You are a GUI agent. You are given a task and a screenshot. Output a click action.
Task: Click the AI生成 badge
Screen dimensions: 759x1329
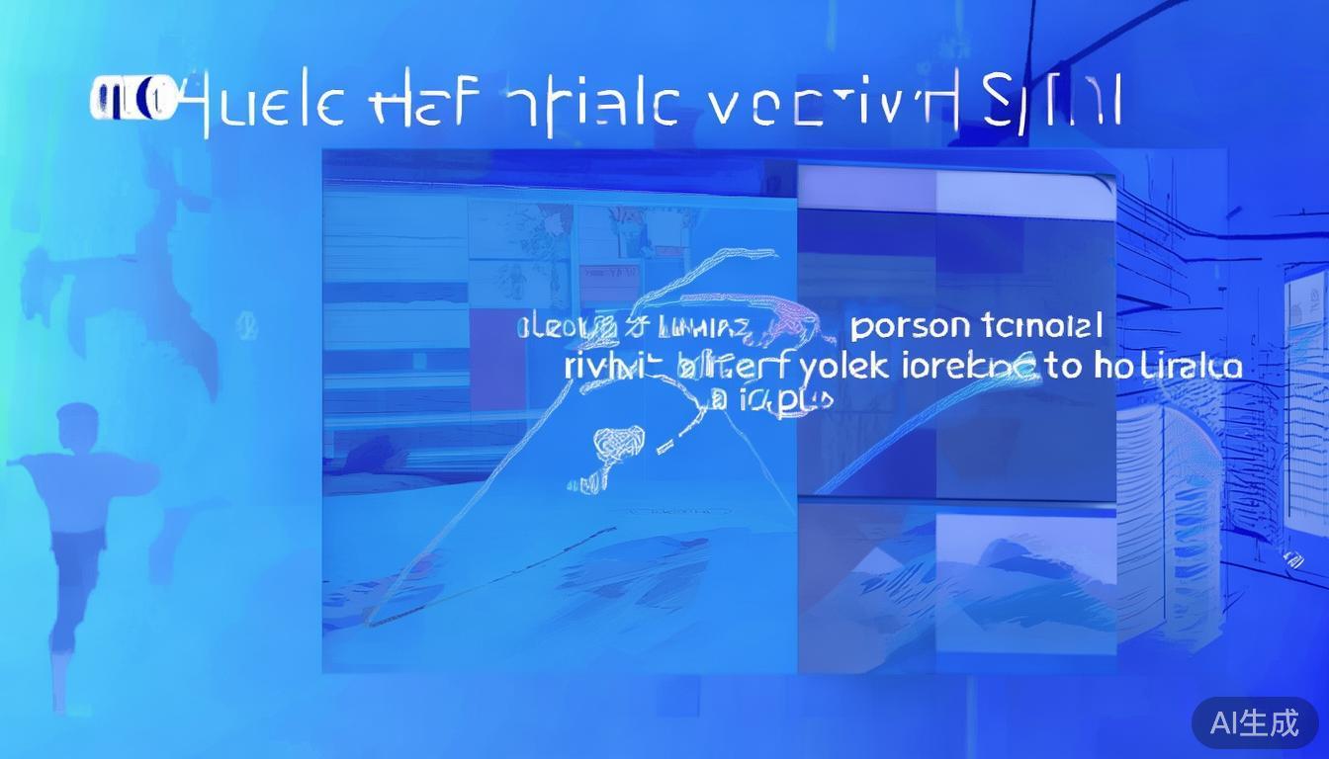pyautogui.click(x=1254, y=722)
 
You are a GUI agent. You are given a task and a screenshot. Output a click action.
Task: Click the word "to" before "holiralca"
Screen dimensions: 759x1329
pyautogui.click(x=1063, y=366)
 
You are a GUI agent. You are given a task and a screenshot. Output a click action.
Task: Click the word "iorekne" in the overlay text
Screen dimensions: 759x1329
pyautogui.click(x=971, y=367)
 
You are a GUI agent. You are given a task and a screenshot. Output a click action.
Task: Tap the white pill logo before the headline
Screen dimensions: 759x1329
pyautogui.click(x=133, y=101)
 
